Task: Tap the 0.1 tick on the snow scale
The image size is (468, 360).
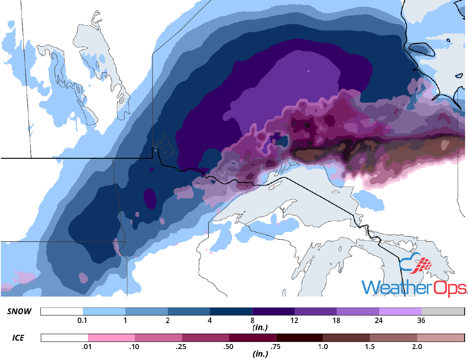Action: point(83,320)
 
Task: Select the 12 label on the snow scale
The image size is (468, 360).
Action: point(294,320)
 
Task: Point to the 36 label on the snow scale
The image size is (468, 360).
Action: point(421,320)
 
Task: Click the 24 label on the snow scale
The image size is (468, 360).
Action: point(379,320)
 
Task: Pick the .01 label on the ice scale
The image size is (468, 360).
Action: point(88,347)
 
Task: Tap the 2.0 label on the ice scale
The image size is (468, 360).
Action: point(417,347)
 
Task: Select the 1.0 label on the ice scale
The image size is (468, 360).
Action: point(323,347)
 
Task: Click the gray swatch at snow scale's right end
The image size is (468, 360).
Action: point(442,311)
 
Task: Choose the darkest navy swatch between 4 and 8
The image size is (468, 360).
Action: point(231,311)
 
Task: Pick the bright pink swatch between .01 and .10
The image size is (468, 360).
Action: point(111,338)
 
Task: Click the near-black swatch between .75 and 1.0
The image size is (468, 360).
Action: point(299,338)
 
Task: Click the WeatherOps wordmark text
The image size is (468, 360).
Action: point(414,288)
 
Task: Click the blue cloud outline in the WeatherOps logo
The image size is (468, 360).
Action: point(407,263)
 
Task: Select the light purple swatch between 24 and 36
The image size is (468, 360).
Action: point(400,311)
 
